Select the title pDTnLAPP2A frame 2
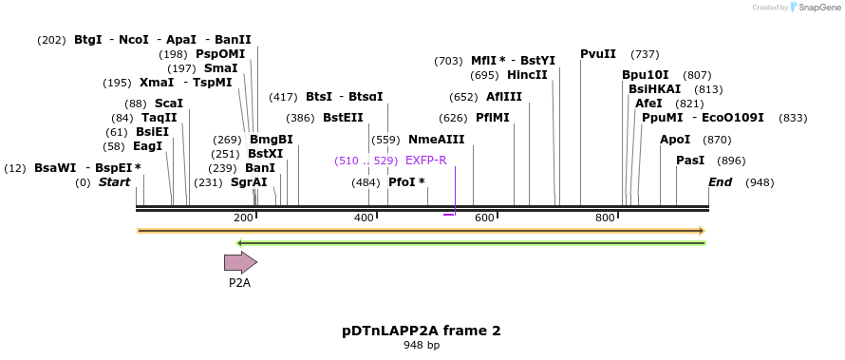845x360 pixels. pos(422,331)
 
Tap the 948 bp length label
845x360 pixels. pos(422,346)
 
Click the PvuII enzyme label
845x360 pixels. pos(598,54)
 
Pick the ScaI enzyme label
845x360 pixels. pos(168,103)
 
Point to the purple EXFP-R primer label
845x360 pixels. pos(425,161)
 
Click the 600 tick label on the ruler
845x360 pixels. pos(484,218)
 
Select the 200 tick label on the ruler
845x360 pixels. pos(243,218)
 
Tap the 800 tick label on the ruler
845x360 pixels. pos(605,218)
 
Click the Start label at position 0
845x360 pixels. pos(114,182)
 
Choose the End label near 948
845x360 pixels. pos(720,182)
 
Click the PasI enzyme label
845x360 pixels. pos(690,161)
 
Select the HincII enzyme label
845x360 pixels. pos(527,75)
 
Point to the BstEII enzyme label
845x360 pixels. pos(343,118)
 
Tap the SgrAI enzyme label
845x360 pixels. pos(249,182)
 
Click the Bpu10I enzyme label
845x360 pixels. pos(646,75)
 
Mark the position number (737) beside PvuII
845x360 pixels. pos(645,54)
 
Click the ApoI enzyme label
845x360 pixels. pos(675,140)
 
